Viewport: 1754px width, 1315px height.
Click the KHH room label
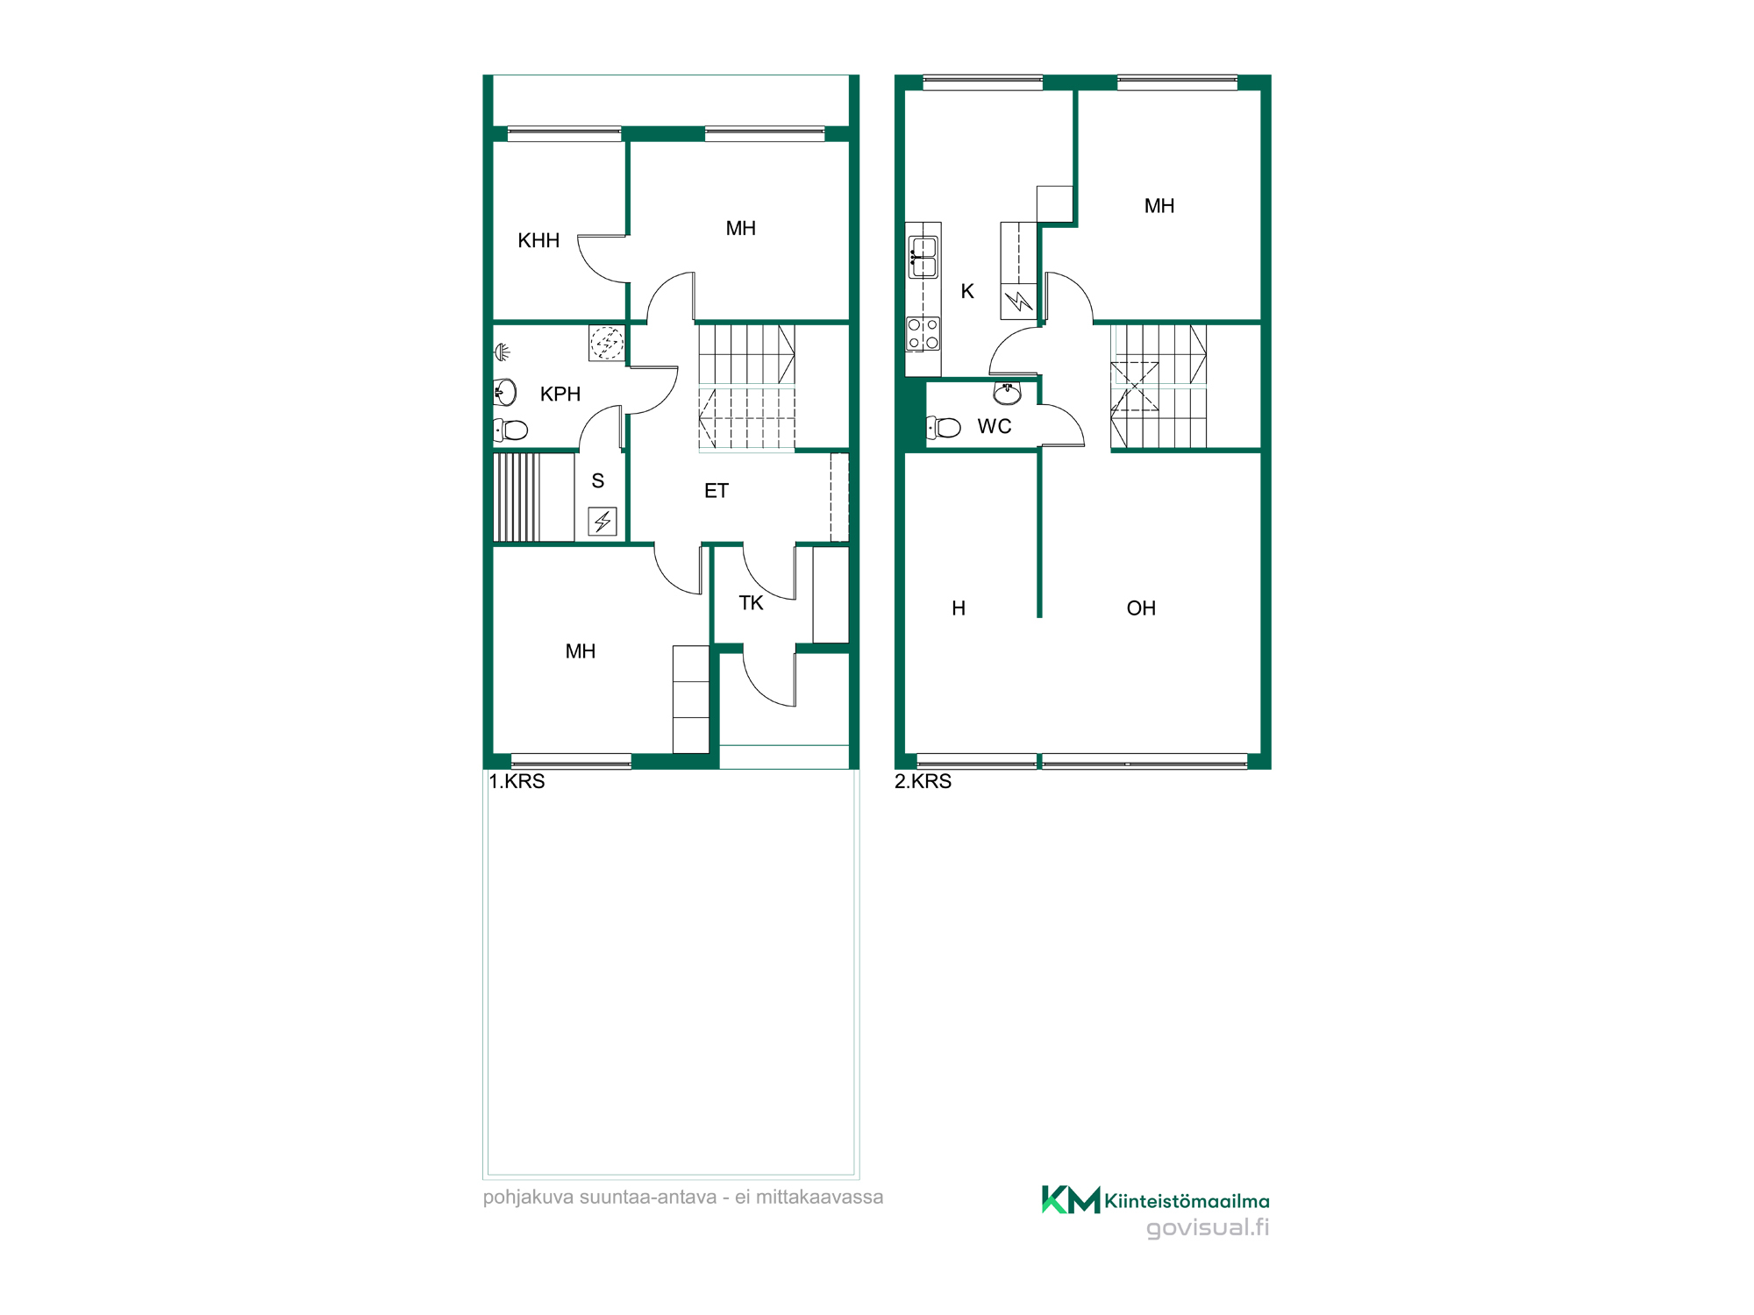pos(538,240)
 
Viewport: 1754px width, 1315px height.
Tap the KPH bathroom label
pos(560,394)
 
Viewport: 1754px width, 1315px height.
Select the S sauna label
pos(598,480)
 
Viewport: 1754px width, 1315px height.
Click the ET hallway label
pos(717,491)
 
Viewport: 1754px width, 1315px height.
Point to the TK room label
pos(751,603)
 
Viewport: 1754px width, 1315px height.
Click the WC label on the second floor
pos(995,426)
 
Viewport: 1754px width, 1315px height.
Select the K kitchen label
pos(967,291)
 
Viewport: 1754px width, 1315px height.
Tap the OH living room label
pos(1141,608)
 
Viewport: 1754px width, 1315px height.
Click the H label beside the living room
pos(959,608)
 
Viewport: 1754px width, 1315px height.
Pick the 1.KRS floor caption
pos(517,781)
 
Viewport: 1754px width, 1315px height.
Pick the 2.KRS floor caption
pos(923,781)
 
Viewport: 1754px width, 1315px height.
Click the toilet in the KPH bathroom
pos(510,430)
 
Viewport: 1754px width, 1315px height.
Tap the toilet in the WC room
pos(944,427)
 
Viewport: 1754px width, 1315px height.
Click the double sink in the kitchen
pos(923,257)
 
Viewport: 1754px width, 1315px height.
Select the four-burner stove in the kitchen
pos(923,334)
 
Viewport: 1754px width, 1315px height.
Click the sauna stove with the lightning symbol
pos(602,522)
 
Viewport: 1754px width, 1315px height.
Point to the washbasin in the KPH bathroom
pos(505,392)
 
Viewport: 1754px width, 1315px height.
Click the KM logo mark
pos(1070,1199)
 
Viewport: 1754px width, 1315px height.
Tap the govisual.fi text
pos(1208,1227)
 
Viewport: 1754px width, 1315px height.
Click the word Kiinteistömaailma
pos(1187,1201)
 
